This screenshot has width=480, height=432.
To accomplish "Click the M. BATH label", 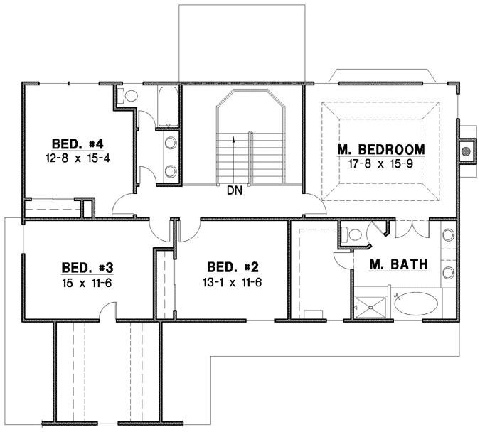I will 399,265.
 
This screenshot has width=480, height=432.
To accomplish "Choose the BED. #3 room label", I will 87,268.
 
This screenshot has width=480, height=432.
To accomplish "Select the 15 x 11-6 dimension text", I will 87,283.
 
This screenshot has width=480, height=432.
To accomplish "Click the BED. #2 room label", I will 233,268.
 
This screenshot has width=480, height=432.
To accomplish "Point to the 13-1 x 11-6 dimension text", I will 233,283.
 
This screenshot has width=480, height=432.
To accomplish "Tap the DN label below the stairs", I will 235,190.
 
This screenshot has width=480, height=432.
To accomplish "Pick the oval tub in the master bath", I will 417,303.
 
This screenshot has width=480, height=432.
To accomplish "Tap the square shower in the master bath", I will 372,306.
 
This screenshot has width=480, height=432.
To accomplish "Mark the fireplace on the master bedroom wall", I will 466,151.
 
